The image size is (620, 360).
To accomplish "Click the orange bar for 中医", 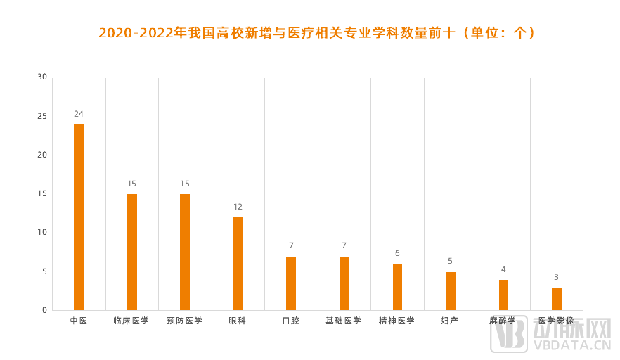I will point(79,217).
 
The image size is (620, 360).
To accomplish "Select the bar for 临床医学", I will point(132,252).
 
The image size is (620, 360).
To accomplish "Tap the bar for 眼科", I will point(238,263).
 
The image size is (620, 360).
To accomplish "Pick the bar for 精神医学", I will point(397,286).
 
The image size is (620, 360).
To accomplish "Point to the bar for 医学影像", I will point(557,298).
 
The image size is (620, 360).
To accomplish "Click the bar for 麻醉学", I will point(503,294).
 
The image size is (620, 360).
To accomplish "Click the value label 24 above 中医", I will point(79,114).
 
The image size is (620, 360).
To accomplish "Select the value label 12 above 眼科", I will point(238,207).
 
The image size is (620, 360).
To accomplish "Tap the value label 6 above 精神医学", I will point(397,253).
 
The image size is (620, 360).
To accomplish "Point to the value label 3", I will point(557,277).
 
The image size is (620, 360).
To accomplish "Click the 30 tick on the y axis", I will point(42,77).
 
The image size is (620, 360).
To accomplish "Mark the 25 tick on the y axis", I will point(42,116).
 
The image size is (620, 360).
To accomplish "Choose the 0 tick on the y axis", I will point(44,309).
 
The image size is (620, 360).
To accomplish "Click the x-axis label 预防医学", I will point(185,321).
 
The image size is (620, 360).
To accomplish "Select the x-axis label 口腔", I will point(291,321).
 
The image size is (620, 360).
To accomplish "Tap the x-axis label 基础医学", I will point(344,321).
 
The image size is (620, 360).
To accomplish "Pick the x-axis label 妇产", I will point(450,321).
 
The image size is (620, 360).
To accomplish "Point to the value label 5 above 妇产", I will point(451,261).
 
